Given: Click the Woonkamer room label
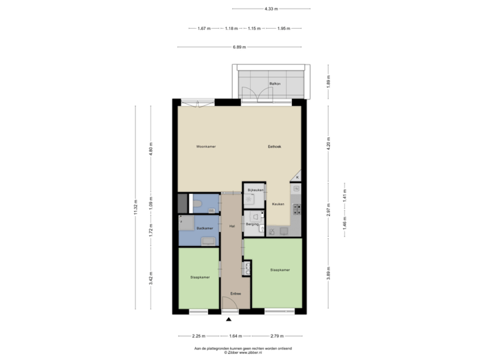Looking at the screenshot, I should click(x=205, y=146).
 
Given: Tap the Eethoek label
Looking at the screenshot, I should click(x=274, y=146).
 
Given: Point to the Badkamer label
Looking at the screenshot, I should click(x=195, y=227).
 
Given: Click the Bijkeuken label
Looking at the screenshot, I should click(x=255, y=190).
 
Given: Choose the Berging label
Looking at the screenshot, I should click(x=252, y=225).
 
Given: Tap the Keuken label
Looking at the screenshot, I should click(x=279, y=204).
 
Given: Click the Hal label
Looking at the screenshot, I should click(x=231, y=226).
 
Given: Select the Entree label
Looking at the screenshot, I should click(x=235, y=293).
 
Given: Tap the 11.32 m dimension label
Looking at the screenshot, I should click(x=135, y=207).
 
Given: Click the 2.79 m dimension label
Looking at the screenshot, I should click(x=277, y=335).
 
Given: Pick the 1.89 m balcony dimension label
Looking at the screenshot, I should click(x=328, y=82).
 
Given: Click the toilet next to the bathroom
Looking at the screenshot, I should click(x=197, y=203).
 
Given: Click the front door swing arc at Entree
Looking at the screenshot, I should click(x=230, y=305).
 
